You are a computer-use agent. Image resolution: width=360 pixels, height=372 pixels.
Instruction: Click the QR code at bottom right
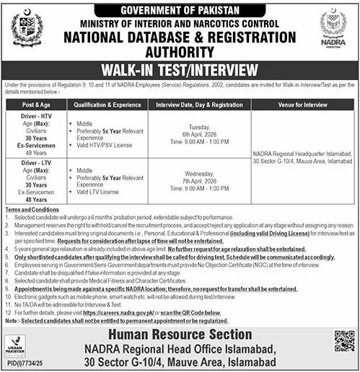click(x=344, y=340)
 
